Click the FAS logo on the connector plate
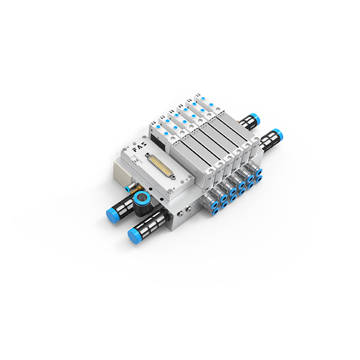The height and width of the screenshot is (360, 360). pyautogui.click(x=139, y=148)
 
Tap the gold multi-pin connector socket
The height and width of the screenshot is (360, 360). pyautogui.click(x=161, y=167)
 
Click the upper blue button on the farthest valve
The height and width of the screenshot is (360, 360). pyautogui.click(x=203, y=99)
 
